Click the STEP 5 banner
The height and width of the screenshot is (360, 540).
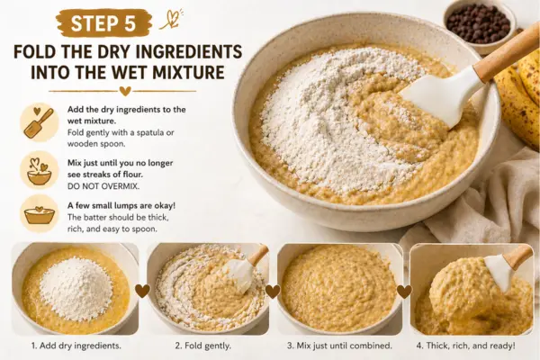(103, 23)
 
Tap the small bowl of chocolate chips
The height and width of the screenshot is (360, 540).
(480, 25)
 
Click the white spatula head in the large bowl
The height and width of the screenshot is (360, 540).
(442, 97)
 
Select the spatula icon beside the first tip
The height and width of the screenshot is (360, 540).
(39, 122)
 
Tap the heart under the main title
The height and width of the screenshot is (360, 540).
(125, 91)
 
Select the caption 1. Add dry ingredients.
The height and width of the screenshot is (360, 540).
(76, 346)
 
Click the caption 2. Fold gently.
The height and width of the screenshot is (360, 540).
(202, 346)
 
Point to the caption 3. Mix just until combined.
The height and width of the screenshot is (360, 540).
(339, 346)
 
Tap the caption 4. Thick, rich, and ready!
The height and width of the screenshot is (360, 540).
(466, 346)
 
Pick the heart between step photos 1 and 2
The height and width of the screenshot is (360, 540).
(142, 291)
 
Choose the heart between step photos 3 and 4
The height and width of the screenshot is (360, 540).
(404, 292)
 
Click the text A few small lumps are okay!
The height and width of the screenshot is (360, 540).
(121, 206)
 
